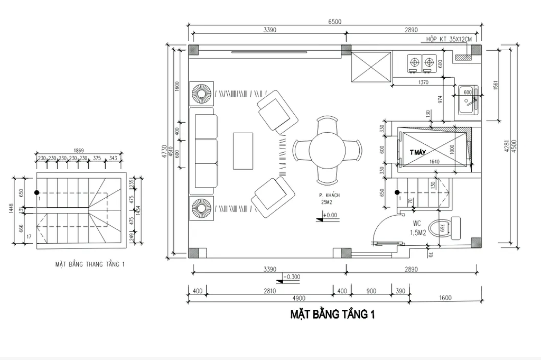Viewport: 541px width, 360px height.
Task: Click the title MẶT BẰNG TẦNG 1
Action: coord(332,315)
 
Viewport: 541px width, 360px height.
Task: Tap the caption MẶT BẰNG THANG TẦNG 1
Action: coord(90,264)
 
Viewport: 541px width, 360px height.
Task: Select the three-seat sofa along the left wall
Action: coord(205,151)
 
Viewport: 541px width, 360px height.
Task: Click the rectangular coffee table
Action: coord(243,151)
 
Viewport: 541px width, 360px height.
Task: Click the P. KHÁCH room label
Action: coord(329,195)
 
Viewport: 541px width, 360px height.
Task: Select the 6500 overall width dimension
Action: coord(335,22)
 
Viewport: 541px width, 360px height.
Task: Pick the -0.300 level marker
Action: coord(292,276)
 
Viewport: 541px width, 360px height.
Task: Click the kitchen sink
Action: coord(468,100)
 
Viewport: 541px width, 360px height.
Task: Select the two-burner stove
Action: coord(421,63)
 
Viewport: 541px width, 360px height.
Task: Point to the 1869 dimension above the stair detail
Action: coord(79,150)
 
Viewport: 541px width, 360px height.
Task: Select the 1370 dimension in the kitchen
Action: coord(423,82)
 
